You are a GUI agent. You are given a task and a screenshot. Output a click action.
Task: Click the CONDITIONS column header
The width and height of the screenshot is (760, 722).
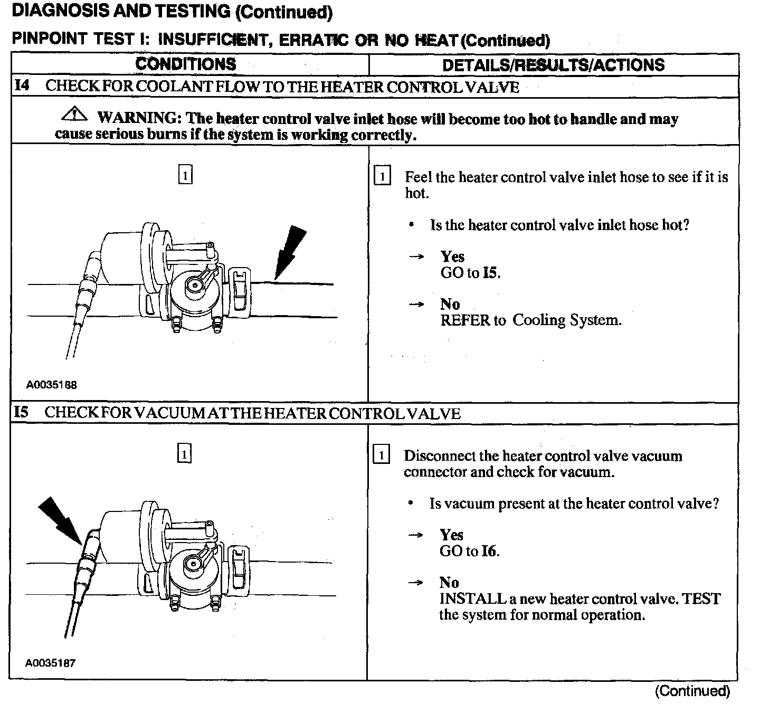[x=186, y=64]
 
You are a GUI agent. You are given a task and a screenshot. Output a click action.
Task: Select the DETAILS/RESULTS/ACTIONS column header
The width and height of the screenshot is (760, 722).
[x=553, y=65]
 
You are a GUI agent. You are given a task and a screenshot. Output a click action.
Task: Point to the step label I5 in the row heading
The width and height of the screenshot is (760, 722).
[x=21, y=412]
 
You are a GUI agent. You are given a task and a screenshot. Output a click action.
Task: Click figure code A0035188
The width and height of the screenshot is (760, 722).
[x=52, y=385]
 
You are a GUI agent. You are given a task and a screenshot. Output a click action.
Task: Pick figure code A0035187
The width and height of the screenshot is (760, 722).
[x=51, y=663]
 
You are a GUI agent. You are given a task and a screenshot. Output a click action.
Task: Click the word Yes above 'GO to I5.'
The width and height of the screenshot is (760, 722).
[x=452, y=256]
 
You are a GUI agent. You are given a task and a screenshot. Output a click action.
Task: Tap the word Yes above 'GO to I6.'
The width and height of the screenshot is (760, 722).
[x=451, y=535]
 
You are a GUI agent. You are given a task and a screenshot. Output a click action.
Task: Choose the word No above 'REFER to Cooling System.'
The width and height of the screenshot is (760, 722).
[x=450, y=304]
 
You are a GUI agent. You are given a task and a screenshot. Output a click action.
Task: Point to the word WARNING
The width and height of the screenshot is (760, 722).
[x=138, y=118]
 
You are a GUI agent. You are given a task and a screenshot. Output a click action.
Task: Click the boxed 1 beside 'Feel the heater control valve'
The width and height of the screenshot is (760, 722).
[x=382, y=176]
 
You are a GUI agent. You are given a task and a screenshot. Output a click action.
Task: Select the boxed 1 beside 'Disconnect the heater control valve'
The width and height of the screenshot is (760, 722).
[x=381, y=454]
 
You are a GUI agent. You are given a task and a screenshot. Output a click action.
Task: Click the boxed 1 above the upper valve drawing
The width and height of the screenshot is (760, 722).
[x=185, y=175]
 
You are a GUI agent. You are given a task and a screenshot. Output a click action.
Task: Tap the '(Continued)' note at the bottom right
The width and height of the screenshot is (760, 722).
[x=692, y=691]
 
